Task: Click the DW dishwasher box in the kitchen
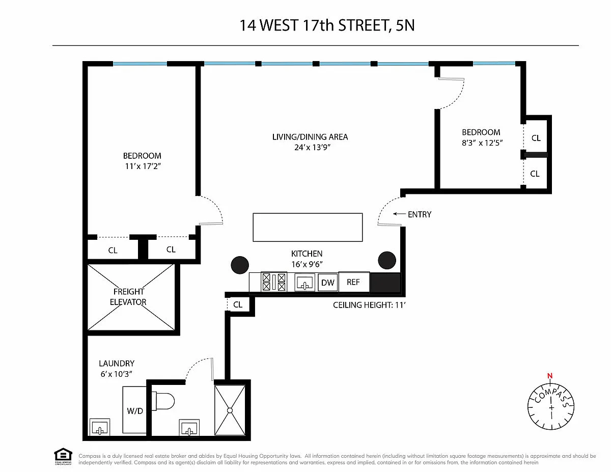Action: tap(327, 282)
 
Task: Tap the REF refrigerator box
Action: tap(354, 282)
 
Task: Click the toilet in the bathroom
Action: tap(163, 401)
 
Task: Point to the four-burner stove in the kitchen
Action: tap(274, 282)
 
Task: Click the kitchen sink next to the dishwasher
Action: tap(304, 282)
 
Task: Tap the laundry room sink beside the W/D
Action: tap(99, 427)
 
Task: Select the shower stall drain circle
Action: tap(230, 410)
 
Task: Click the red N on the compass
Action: tap(550, 376)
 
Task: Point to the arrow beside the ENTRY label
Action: tap(399, 214)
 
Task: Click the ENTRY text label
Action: tap(420, 214)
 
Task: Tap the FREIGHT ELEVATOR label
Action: tap(128, 296)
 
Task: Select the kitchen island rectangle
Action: tap(308, 227)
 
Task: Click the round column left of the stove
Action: tap(240, 265)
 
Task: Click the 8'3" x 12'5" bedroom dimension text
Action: tap(482, 143)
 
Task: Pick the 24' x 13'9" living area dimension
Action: tap(312, 147)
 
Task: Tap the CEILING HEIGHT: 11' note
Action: tap(369, 305)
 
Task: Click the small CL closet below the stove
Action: tap(238, 304)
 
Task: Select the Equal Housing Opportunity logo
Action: tap(63, 457)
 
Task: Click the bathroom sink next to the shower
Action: tap(189, 428)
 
